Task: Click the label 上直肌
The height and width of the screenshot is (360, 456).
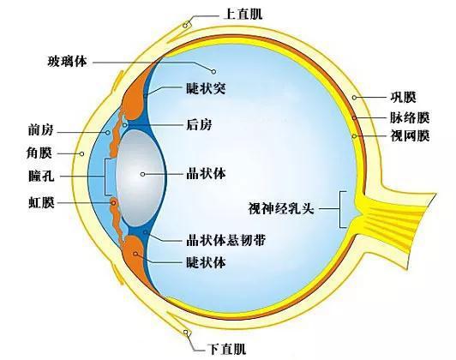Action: [243, 14]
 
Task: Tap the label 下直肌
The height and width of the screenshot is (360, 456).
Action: [226, 349]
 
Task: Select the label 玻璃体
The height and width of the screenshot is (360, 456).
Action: [67, 62]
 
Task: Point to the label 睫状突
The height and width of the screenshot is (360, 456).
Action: [206, 87]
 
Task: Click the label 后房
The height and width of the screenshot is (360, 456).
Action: [199, 125]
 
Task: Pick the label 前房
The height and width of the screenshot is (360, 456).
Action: [41, 129]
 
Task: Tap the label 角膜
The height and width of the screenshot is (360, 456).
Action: [39, 153]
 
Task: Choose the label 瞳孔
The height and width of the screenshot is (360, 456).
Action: [41, 176]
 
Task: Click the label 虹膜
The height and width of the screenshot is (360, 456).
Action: [41, 202]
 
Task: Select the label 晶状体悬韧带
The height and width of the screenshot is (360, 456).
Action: [225, 240]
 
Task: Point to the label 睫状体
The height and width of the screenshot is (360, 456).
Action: [206, 262]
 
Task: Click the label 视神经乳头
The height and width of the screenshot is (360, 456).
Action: [281, 208]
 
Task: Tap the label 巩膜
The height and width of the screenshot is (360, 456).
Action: [403, 97]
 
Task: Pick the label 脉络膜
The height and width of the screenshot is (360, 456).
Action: [410, 117]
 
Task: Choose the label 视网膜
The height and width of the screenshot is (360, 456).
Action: [410, 135]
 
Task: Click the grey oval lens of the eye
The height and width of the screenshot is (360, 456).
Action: [140, 178]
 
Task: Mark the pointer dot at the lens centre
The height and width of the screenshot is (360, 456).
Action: [142, 174]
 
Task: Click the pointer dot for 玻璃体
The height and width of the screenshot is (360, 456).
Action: [213, 71]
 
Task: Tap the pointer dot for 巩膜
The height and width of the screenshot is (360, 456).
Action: [354, 98]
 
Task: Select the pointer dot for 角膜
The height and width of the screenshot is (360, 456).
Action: [82, 153]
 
